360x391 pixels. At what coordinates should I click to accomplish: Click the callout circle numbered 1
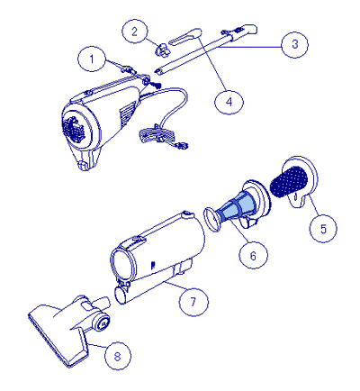(x=92, y=59)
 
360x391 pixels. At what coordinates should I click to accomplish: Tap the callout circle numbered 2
(x=134, y=31)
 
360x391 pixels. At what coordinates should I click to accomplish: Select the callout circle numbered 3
(x=294, y=44)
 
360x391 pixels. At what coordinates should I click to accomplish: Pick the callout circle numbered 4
(x=229, y=102)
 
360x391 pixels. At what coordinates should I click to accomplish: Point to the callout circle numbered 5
(x=323, y=229)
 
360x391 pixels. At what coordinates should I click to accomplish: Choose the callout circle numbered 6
(x=253, y=255)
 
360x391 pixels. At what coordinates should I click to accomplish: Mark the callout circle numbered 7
(x=193, y=302)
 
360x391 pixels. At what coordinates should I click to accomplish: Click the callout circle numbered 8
(x=117, y=356)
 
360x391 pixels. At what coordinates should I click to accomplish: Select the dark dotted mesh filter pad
(x=289, y=181)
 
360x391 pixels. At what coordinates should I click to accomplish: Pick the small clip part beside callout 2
(x=161, y=50)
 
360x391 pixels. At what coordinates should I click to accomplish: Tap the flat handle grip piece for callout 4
(x=184, y=36)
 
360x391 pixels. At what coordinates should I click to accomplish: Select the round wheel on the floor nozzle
(x=102, y=323)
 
